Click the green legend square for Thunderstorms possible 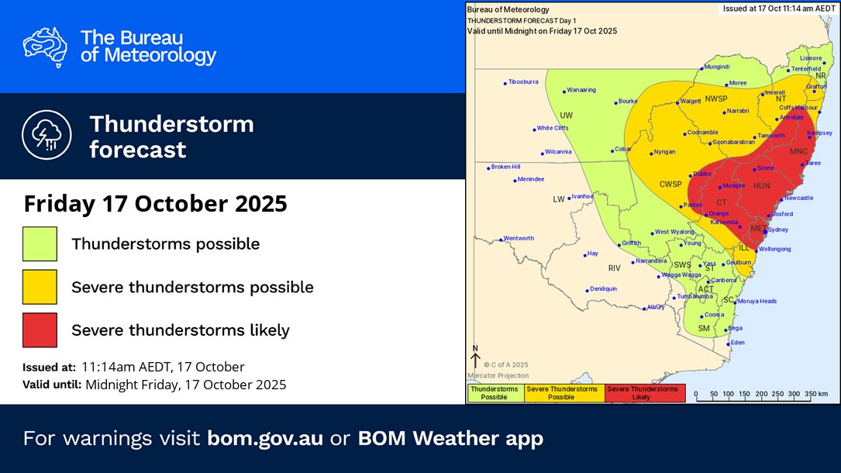[x=40, y=243]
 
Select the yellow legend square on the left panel [x=40, y=287]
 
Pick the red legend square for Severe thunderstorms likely [x=40, y=330]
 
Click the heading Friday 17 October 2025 [x=155, y=205]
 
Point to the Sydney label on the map [x=778, y=230]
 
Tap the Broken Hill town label [x=505, y=167]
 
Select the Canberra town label [x=724, y=280]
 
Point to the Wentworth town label [x=519, y=238]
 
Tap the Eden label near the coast [x=737, y=342]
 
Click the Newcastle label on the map [x=798, y=198]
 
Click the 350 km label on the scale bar [x=816, y=394]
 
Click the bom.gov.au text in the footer [x=265, y=438]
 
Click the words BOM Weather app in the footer [x=450, y=438]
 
